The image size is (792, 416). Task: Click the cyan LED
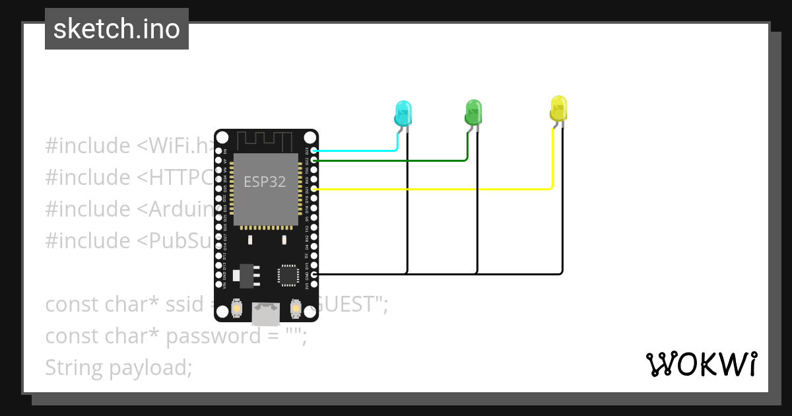(x=403, y=113)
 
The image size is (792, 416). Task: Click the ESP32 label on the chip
(x=265, y=182)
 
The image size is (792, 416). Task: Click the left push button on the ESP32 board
(x=237, y=308)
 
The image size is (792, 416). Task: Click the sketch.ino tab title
(x=117, y=29)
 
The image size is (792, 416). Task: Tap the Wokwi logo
(x=702, y=364)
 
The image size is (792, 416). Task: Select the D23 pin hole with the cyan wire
(x=314, y=151)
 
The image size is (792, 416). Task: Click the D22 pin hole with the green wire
(x=314, y=160)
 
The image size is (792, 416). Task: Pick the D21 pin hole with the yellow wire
(x=314, y=189)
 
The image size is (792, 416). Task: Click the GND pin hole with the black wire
(x=314, y=273)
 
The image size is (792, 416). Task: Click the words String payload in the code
(x=119, y=367)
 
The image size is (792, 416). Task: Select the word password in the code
(x=204, y=336)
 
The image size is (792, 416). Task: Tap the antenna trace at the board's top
(x=265, y=140)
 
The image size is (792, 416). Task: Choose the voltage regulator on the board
(x=247, y=275)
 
